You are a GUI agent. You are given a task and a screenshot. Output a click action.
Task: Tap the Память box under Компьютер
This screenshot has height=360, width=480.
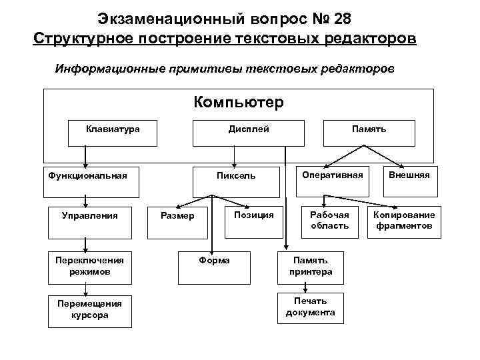tap(369, 133)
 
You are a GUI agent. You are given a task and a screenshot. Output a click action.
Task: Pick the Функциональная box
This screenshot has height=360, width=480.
tap(87, 181)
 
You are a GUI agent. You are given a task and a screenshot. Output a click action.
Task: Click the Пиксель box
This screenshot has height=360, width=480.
tap(235, 181)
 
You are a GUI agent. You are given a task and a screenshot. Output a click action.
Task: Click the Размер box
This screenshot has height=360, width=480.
tap(178, 221)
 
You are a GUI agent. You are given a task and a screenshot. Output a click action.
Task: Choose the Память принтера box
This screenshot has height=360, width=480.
tap(311, 267)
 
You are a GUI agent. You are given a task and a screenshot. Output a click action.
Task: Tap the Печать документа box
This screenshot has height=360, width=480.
tap(311, 307)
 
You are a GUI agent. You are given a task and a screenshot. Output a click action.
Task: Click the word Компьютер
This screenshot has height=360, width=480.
tap(239, 103)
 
